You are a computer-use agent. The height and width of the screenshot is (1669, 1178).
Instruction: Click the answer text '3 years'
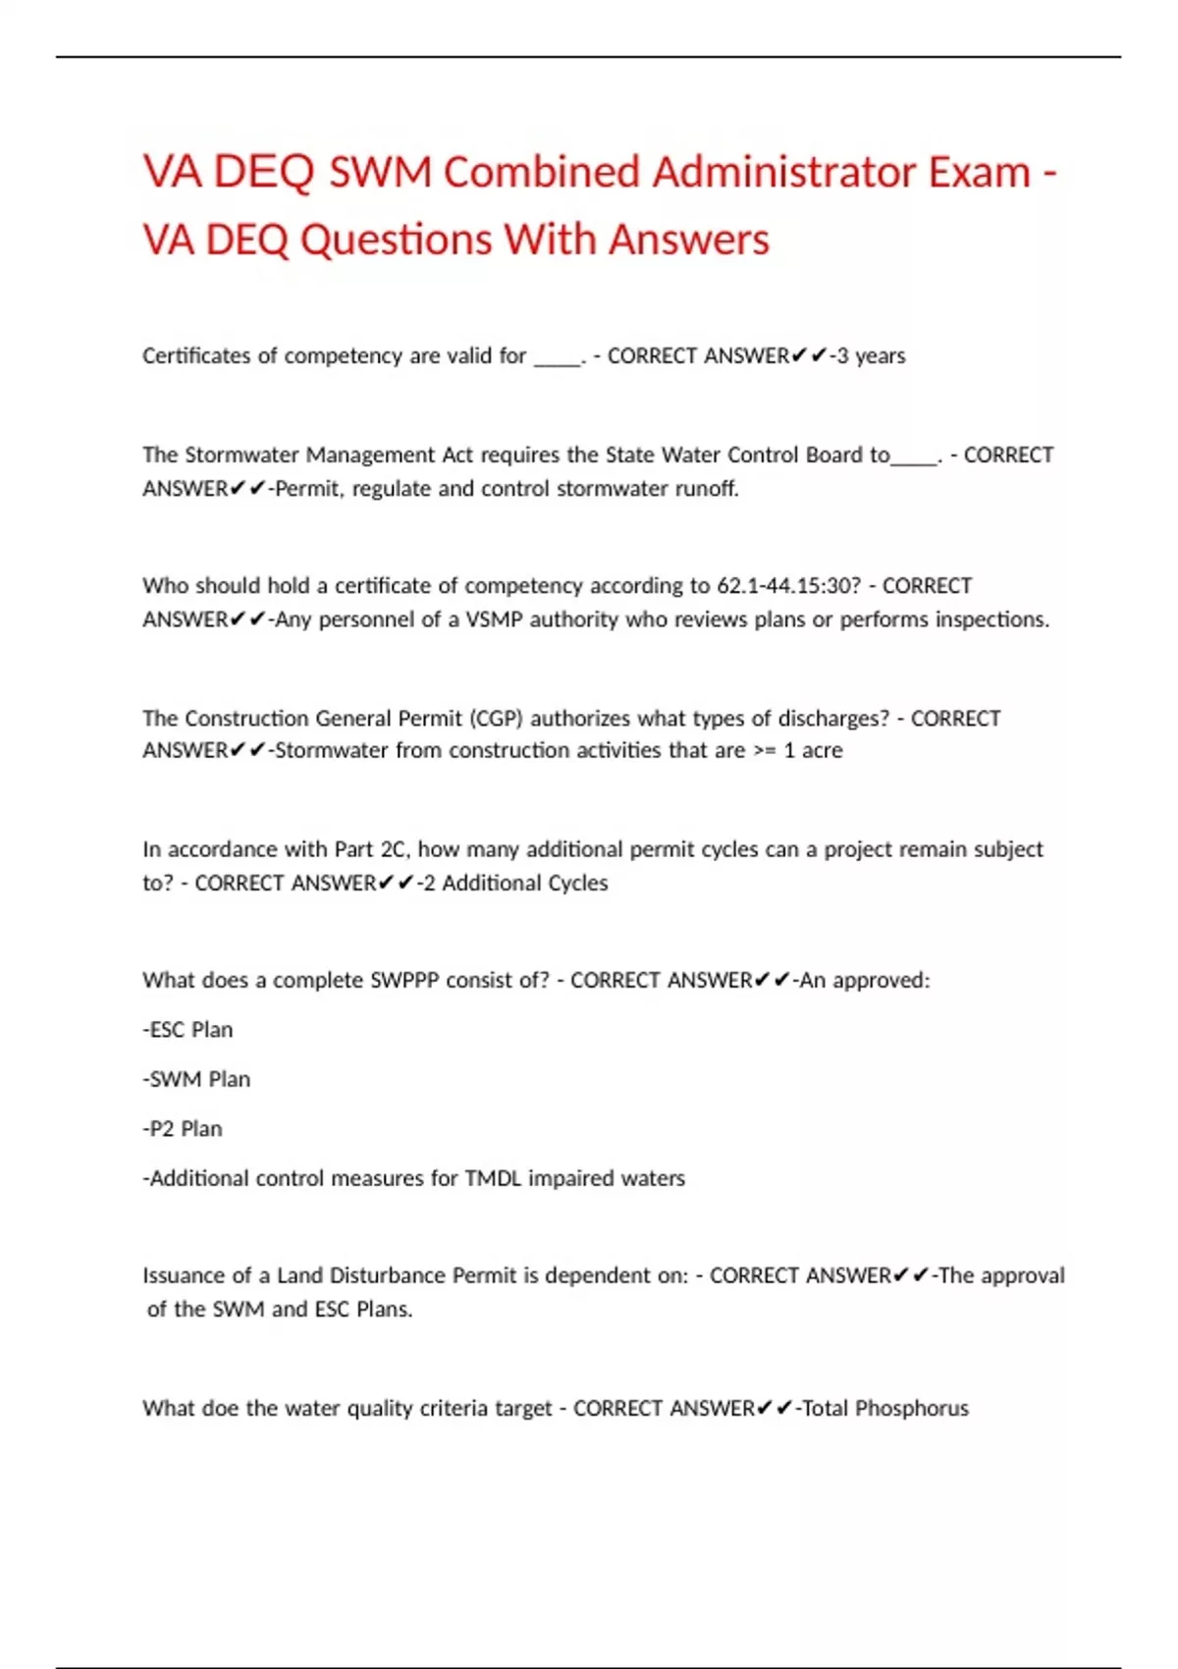(x=871, y=355)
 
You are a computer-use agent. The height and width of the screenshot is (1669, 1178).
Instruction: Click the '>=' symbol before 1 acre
(x=764, y=751)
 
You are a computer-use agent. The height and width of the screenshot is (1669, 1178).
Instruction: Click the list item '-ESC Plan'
(x=187, y=1030)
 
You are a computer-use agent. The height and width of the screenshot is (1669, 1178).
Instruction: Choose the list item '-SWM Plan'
(x=196, y=1079)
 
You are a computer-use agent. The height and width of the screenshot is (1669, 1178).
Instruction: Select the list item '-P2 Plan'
(x=183, y=1129)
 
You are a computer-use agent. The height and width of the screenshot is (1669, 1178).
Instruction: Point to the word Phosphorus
(x=912, y=1409)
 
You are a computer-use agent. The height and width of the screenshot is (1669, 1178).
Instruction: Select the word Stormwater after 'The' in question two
(x=241, y=456)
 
